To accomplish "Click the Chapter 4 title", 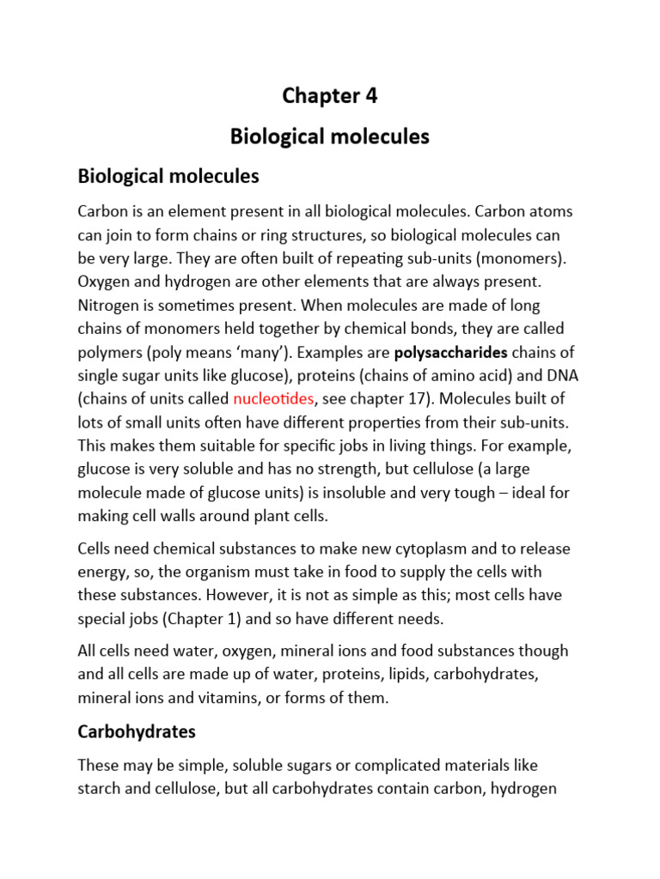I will [330, 96].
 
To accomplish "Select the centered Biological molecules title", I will [330, 136].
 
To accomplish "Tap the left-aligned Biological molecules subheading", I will [168, 176].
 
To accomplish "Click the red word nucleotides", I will [274, 398].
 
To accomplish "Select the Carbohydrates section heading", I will [137, 731].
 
